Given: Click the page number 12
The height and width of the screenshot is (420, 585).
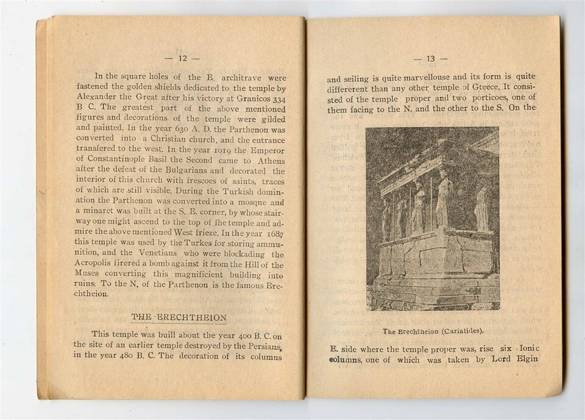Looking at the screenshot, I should click(182, 59).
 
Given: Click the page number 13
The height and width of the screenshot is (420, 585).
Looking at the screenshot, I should click(430, 59).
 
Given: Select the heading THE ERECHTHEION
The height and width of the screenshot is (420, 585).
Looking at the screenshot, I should click(179, 317).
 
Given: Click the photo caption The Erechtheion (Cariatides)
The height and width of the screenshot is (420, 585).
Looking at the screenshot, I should click(433, 331).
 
